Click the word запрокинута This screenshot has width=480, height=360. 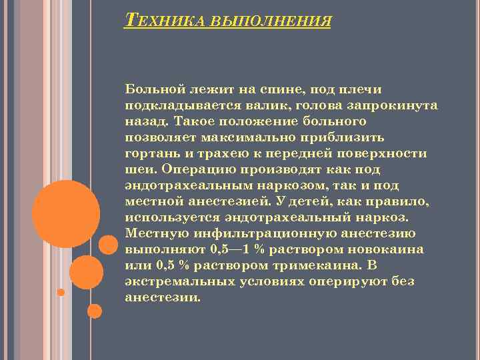(399, 106)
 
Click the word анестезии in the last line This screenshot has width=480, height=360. (161, 297)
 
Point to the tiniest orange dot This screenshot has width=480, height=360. (61, 292)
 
